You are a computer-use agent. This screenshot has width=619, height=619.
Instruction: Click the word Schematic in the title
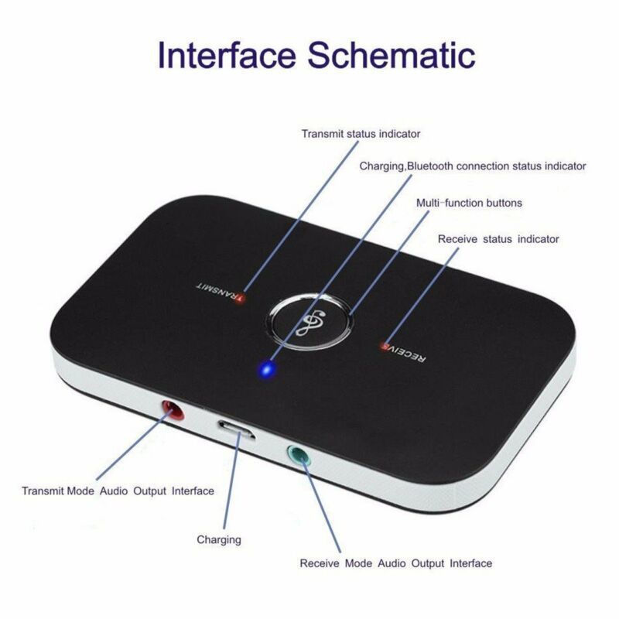[x=392, y=56]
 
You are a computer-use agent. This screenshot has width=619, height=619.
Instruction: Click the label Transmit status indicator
[x=361, y=133]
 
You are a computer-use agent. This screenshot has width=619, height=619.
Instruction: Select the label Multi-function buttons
[x=469, y=203]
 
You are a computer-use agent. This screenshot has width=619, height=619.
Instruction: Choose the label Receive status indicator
[x=498, y=239]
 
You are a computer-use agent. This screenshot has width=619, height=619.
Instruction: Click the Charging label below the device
[x=219, y=539]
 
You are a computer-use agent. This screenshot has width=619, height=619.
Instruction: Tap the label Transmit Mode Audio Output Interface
[x=118, y=491]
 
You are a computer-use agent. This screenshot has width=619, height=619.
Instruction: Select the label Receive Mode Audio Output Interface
[x=395, y=563]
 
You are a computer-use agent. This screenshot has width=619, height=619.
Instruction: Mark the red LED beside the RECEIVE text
[x=384, y=345]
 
